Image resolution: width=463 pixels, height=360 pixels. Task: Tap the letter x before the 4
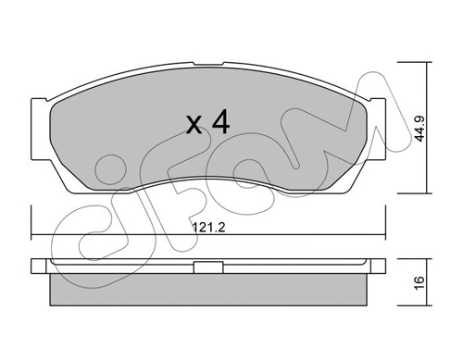195,126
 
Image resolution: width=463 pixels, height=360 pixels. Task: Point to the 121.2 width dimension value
208,223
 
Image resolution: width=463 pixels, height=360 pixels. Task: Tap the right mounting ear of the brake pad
379,117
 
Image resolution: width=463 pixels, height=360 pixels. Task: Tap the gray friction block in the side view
210,291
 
